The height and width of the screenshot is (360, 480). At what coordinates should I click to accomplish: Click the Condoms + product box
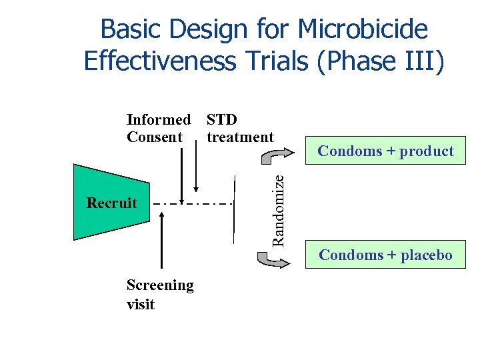[x=385, y=151]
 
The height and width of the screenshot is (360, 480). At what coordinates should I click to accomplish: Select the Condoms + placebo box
[x=385, y=255]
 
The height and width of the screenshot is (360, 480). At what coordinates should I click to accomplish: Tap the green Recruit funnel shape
[x=110, y=202]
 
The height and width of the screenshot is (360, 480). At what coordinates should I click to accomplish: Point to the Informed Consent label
[x=158, y=129]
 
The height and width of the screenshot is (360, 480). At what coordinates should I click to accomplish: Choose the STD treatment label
[x=239, y=129]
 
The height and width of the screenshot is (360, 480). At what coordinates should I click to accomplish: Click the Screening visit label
[x=160, y=295]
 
